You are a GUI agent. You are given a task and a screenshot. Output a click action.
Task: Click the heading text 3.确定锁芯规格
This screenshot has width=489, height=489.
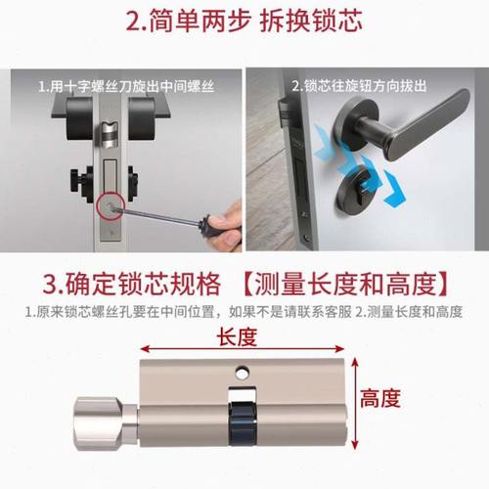click(x=113, y=284)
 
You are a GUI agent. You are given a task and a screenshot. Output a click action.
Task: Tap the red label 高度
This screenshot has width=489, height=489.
click(x=379, y=398)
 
